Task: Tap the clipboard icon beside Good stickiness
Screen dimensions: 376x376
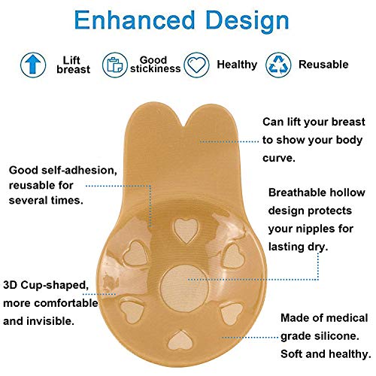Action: (x=114, y=65)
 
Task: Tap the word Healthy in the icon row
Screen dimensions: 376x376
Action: (x=237, y=65)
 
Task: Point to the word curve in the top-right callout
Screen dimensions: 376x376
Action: (x=278, y=157)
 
